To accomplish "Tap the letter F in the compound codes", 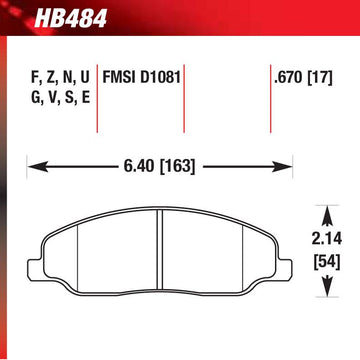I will click(x=26, y=76).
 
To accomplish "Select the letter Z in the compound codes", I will click(x=42, y=76).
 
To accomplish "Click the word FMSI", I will click(x=122, y=76).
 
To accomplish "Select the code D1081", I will click(x=162, y=76).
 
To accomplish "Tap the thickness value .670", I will click(x=288, y=76).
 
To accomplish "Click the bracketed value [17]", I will click(x=321, y=76).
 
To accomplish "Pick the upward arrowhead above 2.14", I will click(x=324, y=211).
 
